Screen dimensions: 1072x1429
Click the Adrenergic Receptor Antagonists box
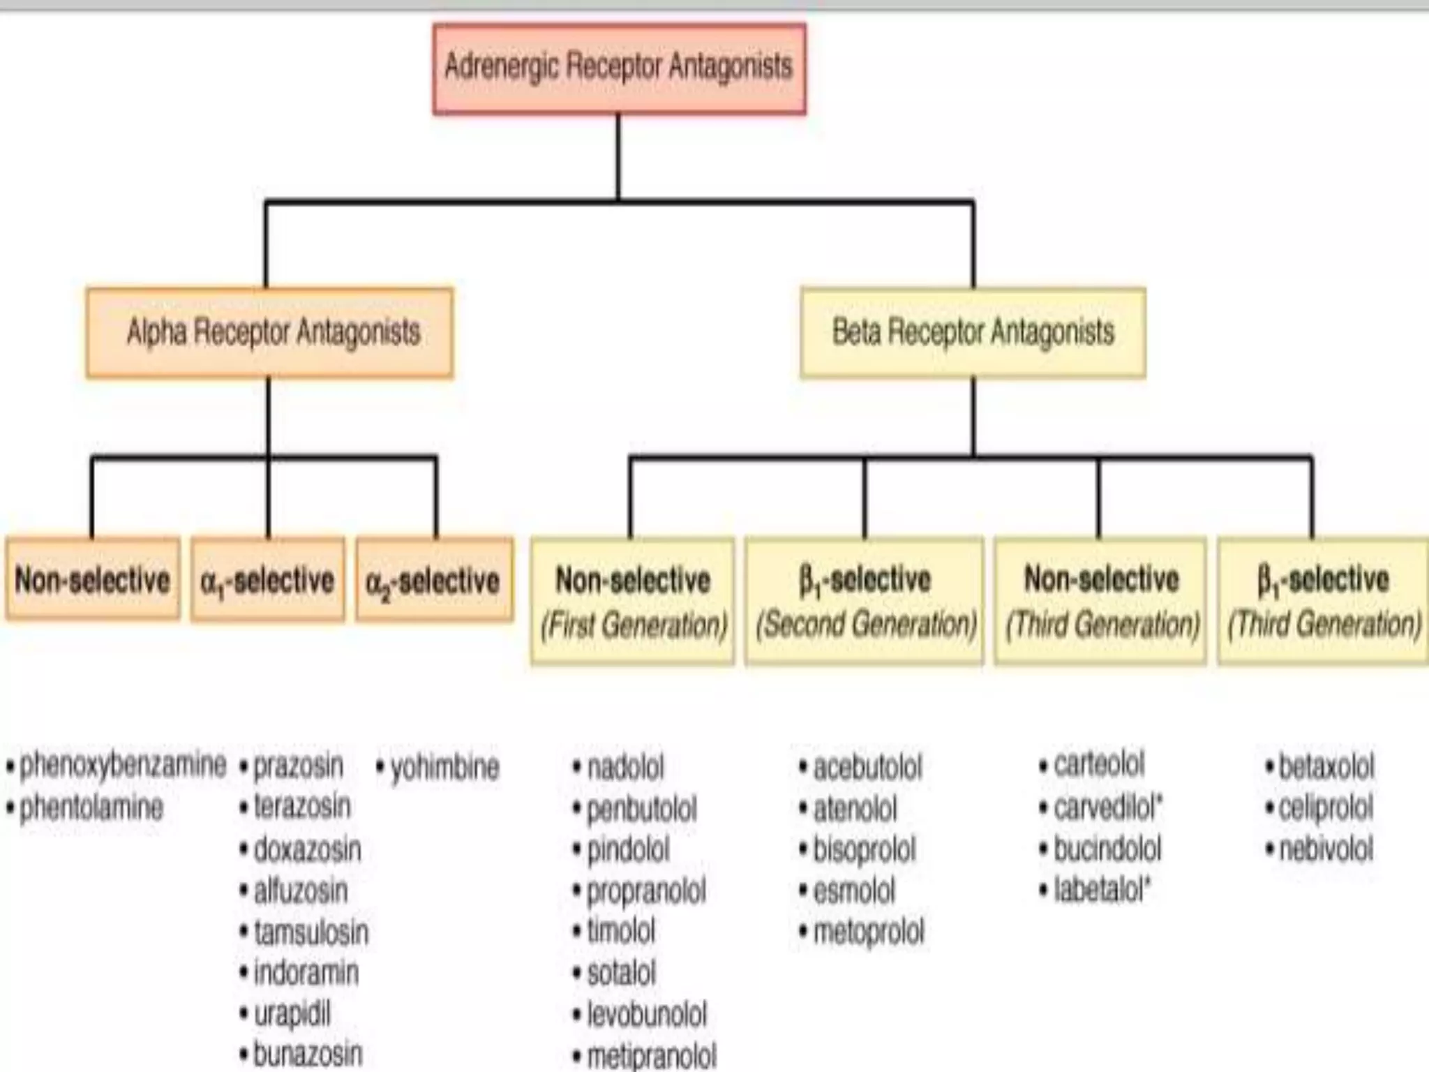coord(619,68)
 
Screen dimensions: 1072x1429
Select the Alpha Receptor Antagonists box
coord(270,333)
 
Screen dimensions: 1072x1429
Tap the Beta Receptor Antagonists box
coord(973,333)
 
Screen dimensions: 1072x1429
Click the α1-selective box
coord(268,580)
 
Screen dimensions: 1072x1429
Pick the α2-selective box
coord(434,580)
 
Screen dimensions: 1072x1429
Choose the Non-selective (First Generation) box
coord(633,601)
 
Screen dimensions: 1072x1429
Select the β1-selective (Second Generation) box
coord(865,601)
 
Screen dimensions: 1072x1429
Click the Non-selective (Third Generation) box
coord(1100,601)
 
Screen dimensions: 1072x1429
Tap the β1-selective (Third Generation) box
coord(1323,601)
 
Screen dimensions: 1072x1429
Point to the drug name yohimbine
coord(444,768)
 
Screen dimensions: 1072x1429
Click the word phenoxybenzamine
coord(122,765)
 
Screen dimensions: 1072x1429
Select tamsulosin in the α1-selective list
coord(311,932)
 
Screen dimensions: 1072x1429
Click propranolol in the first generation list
coord(645,891)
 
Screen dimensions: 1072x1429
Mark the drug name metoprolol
coord(868,932)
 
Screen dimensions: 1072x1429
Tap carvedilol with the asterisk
coord(1107,807)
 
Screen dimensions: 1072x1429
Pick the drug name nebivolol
coord(1325,849)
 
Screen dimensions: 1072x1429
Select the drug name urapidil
coord(292,1015)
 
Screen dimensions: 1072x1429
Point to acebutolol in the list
coord(867,768)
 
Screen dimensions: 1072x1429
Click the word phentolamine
coord(91,808)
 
